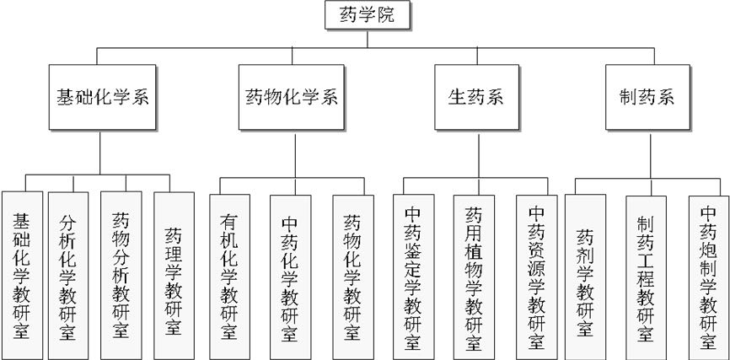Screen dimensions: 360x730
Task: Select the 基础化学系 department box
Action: (99, 97)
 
